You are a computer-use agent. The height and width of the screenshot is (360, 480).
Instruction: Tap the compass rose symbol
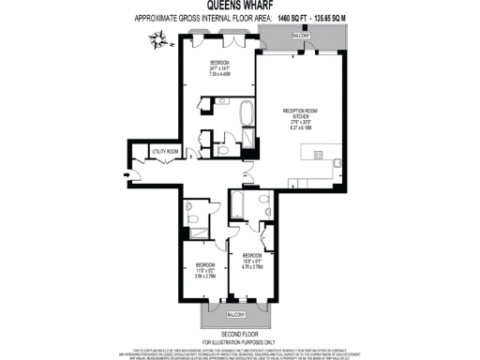pos(155,38)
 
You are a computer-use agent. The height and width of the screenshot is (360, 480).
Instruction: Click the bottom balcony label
pos(235,313)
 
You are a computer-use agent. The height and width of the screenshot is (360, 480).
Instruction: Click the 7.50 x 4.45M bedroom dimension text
pos(220,74)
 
